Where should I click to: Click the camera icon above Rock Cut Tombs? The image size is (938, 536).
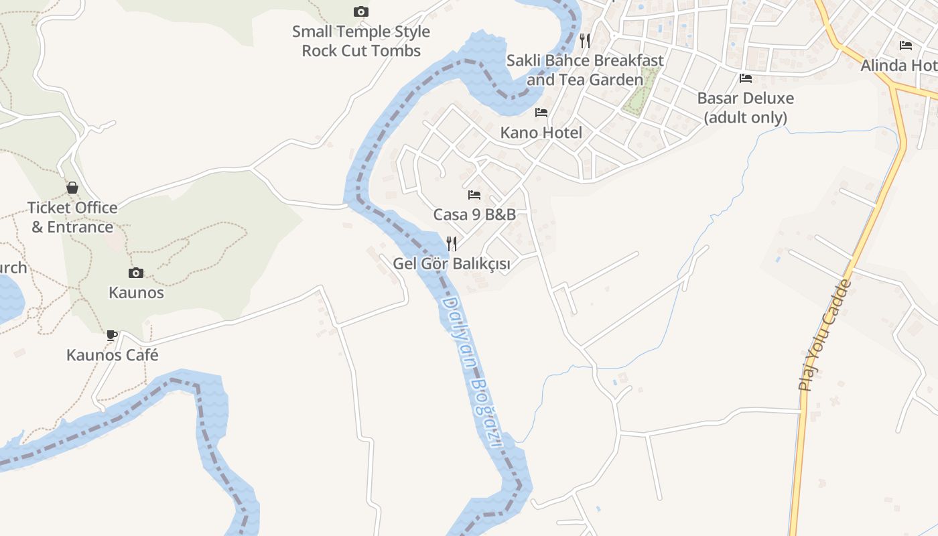360,11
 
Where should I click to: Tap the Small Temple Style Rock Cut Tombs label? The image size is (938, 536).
361,41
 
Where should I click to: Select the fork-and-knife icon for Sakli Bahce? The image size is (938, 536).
585,40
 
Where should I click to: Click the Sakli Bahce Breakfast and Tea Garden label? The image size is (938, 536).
585,70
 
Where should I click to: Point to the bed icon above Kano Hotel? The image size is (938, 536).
541,113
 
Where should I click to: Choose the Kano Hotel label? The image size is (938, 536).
541,133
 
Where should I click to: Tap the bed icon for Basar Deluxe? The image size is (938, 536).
746,78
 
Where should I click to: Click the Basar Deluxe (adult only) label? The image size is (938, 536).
746,108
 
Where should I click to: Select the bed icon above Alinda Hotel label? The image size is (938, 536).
906,46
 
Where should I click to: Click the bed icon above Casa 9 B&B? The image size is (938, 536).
474,195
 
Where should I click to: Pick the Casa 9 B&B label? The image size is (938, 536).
474,215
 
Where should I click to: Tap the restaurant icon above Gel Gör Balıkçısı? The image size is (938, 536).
452,243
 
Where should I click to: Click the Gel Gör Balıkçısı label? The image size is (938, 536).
452,264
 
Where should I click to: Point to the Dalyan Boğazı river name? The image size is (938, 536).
472,373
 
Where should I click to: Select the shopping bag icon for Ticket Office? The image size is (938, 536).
72,188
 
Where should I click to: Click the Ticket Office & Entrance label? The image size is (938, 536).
72,217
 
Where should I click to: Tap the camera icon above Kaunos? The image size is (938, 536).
136,273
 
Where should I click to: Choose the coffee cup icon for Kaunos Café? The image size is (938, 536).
112,335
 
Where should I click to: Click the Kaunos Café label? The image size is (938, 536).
113,355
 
